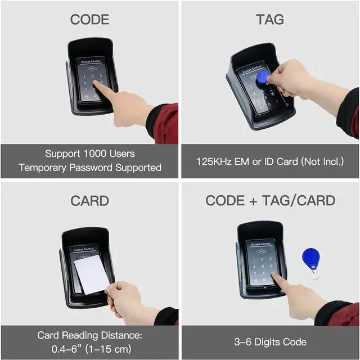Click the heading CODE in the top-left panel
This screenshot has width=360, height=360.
(89, 20)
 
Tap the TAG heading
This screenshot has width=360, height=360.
(270, 20)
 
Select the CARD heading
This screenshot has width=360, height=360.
(89, 201)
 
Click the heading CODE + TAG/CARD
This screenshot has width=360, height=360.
(270, 201)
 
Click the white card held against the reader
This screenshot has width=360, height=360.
(91, 274)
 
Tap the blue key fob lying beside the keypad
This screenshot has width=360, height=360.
(310, 259)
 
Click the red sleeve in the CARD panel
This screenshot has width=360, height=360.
(166, 316)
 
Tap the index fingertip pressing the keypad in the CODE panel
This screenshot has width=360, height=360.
(97, 85)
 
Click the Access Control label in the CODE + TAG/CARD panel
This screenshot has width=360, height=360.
(260, 244)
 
